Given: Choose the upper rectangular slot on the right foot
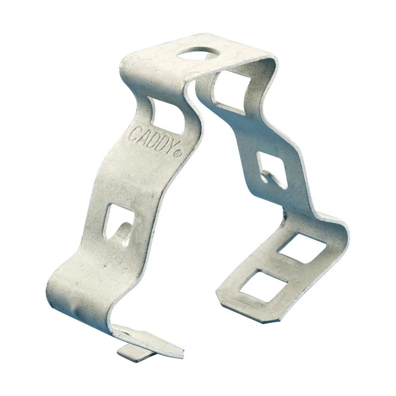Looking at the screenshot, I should pyautogui.click(x=301, y=249).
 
